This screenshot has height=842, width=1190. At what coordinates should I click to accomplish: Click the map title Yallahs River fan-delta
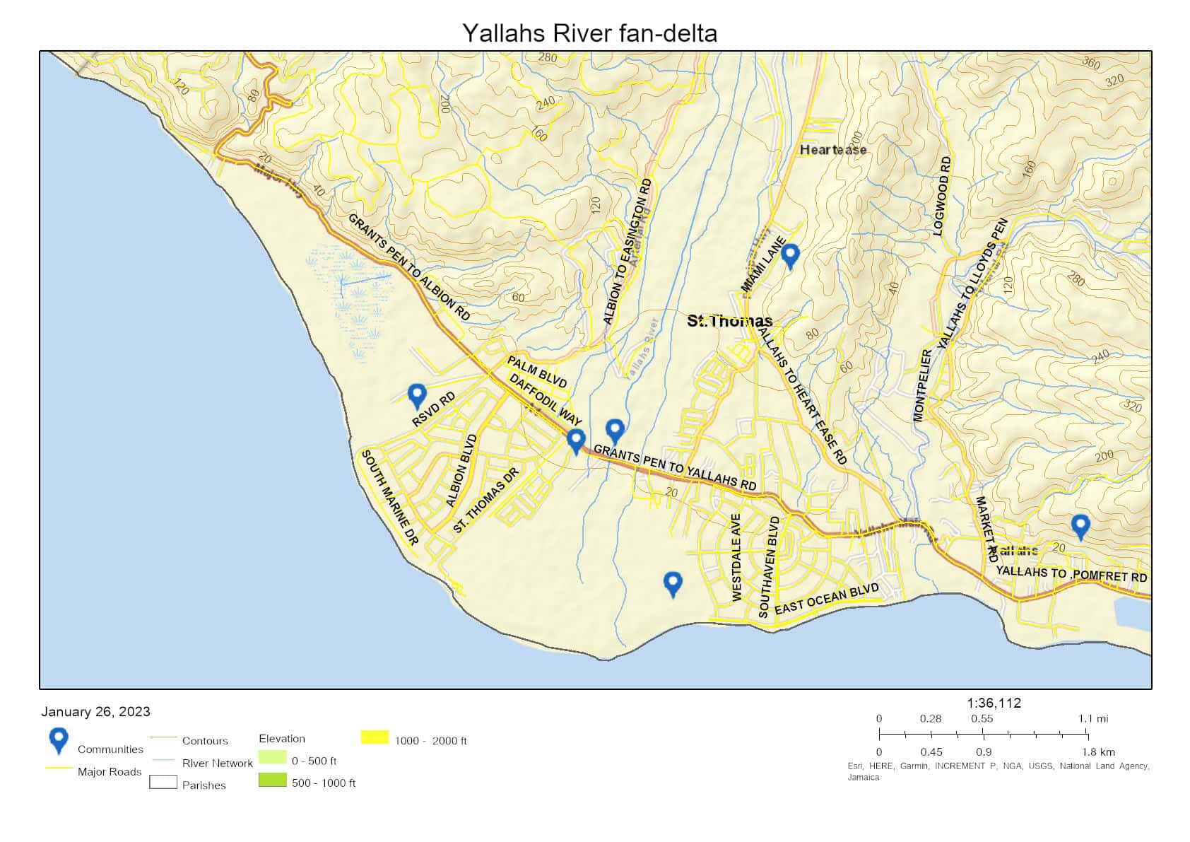[589, 33]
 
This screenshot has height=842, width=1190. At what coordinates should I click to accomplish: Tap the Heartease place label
[832, 149]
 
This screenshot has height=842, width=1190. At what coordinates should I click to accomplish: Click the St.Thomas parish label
[729, 321]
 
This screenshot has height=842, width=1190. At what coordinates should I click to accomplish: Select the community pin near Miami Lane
[790, 255]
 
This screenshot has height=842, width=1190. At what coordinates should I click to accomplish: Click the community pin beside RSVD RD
[417, 395]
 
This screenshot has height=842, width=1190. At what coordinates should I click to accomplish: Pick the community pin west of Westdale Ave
[673, 583]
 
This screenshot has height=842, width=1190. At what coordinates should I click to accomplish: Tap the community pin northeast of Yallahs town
[1080, 526]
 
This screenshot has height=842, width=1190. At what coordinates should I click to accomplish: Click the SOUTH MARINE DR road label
[389, 498]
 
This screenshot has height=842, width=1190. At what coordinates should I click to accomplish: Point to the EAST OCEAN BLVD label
[826, 600]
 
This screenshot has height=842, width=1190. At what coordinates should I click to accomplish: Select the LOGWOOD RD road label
[942, 196]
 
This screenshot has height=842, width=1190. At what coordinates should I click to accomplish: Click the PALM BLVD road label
[537, 373]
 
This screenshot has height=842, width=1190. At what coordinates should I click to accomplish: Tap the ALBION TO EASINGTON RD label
[627, 252]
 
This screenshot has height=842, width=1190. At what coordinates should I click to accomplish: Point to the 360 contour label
[1091, 63]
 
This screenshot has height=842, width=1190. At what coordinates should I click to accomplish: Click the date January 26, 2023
[95, 711]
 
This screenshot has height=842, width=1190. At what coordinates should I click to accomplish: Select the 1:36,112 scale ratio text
[994, 703]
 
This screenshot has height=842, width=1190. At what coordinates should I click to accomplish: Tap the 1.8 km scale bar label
[1097, 752]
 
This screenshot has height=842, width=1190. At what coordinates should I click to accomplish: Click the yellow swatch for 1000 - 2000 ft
[375, 737]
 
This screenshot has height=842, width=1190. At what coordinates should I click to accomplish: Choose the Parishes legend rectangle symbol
[163, 782]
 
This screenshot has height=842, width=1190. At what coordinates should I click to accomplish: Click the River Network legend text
[217, 763]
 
